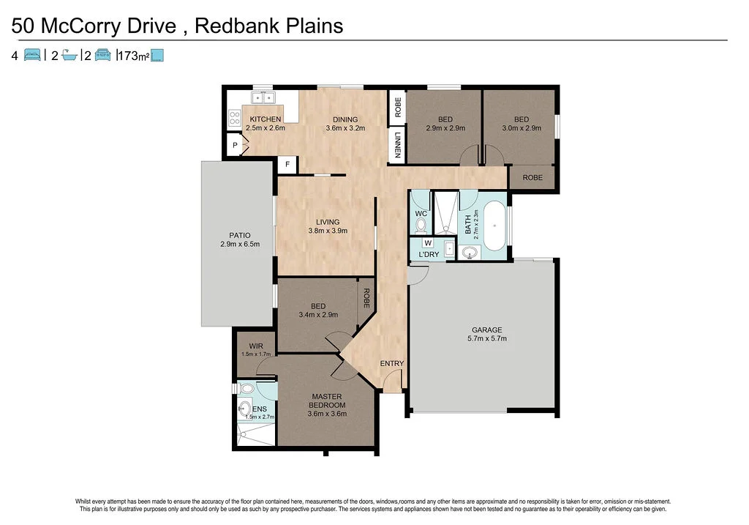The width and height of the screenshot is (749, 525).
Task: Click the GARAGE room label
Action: click(486, 329)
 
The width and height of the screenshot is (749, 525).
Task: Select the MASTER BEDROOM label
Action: click(327, 401)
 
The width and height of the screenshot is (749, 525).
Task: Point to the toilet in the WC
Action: click(420, 225)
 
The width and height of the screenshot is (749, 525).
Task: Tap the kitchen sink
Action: click(263, 97)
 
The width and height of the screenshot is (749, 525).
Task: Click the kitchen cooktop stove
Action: click(236, 119)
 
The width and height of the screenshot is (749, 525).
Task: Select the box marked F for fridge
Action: click(287, 165)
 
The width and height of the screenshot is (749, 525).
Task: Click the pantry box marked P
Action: click(235, 146)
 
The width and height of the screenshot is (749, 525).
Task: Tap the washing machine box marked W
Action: click(428, 242)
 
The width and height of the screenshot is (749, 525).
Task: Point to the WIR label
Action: click(256, 346)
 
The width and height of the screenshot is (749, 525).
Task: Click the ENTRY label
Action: click(391, 363)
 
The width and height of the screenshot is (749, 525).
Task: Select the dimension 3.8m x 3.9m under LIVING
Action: click(326, 231)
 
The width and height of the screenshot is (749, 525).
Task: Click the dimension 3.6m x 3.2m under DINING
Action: click(345, 129)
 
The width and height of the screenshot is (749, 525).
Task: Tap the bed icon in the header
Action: click(32, 54)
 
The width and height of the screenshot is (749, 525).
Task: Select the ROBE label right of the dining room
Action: click(397, 108)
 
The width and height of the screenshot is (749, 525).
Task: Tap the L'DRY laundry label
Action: click(429, 255)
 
